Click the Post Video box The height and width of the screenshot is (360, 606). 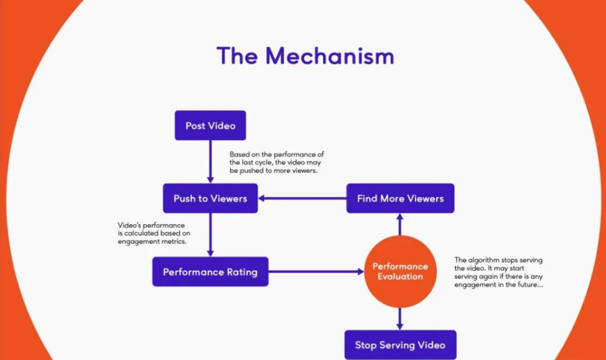(210, 126)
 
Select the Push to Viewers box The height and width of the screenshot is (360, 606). (210, 198)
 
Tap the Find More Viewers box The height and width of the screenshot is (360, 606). (400, 198)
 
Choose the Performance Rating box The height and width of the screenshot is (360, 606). (210, 272)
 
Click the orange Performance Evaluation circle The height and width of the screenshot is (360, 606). (400, 271)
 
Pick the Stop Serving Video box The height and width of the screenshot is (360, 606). (400, 344)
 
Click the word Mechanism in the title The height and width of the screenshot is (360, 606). (330, 56)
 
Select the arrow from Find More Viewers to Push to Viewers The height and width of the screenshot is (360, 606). (302, 198)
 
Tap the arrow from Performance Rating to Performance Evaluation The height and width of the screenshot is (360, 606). (315, 272)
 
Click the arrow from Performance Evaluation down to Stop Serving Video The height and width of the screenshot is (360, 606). (400, 318)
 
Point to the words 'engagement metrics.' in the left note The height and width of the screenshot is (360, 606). (147, 241)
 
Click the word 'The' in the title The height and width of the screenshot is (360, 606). (238, 56)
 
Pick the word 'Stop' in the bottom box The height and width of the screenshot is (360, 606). (367, 344)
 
